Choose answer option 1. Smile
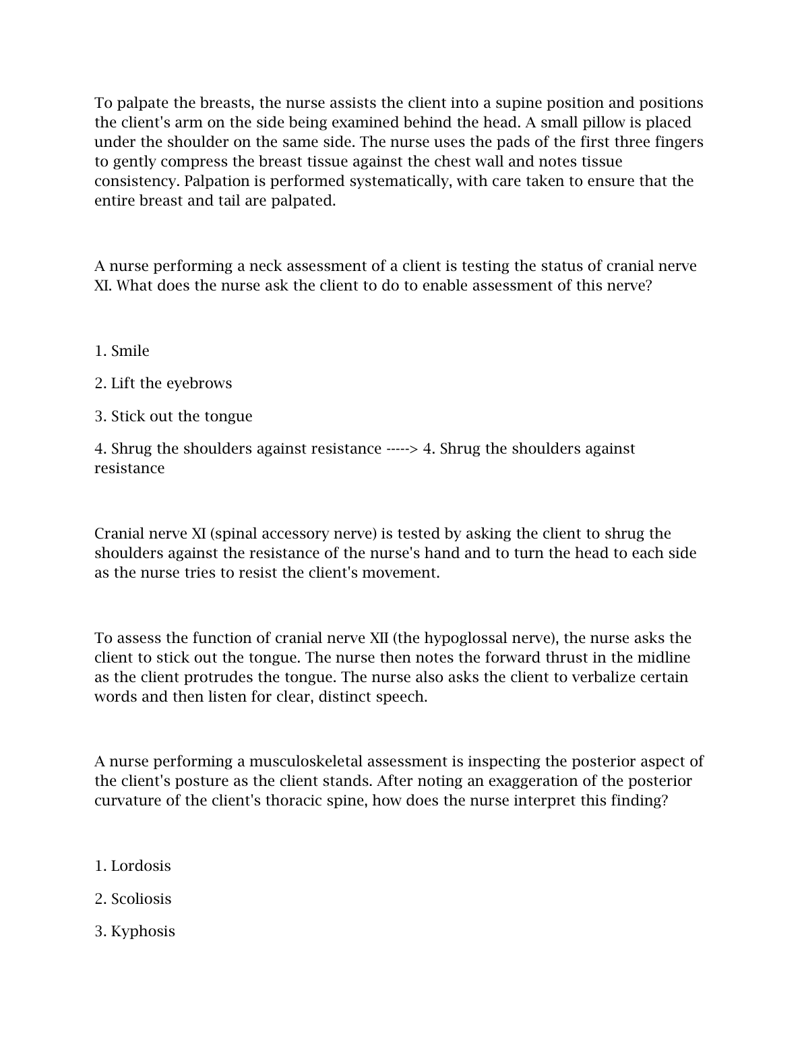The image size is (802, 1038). click(x=122, y=351)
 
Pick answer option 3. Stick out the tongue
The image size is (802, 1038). click(x=173, y=417)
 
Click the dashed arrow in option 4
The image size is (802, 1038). click(x=402, y=449)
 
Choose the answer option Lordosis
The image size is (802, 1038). click(x=133, y=866)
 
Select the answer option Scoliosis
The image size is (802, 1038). click(x=133, y=899)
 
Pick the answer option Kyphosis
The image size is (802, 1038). click(x=135, y=932)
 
